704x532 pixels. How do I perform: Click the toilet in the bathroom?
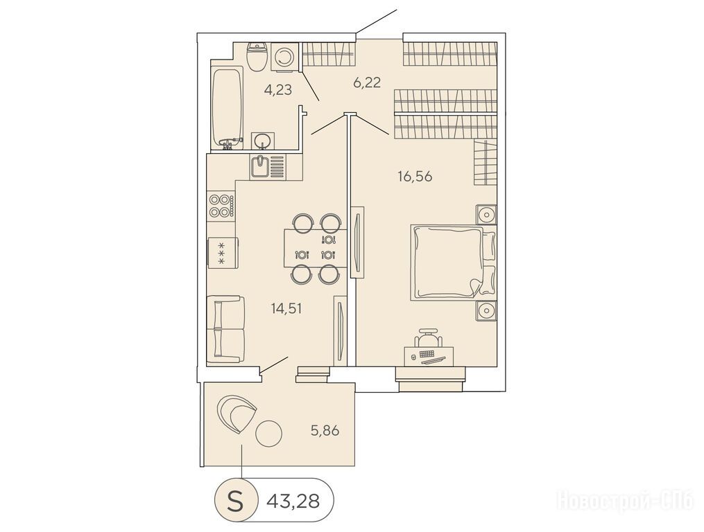257,57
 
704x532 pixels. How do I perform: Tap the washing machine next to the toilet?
284,57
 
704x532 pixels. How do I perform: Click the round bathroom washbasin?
261,141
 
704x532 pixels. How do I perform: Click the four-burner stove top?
221,206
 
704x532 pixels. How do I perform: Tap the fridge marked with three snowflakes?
221,253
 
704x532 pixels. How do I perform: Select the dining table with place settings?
316,248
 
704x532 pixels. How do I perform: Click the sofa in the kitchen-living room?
225,330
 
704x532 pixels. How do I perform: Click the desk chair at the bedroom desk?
429,337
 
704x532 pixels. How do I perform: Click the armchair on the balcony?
236,413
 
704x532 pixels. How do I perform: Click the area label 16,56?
415,177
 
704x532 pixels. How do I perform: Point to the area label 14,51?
286,309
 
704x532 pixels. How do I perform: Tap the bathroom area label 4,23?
278,90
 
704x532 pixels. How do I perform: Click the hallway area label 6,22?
367,82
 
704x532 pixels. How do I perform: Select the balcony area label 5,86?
325,431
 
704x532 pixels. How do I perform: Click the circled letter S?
235,500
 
